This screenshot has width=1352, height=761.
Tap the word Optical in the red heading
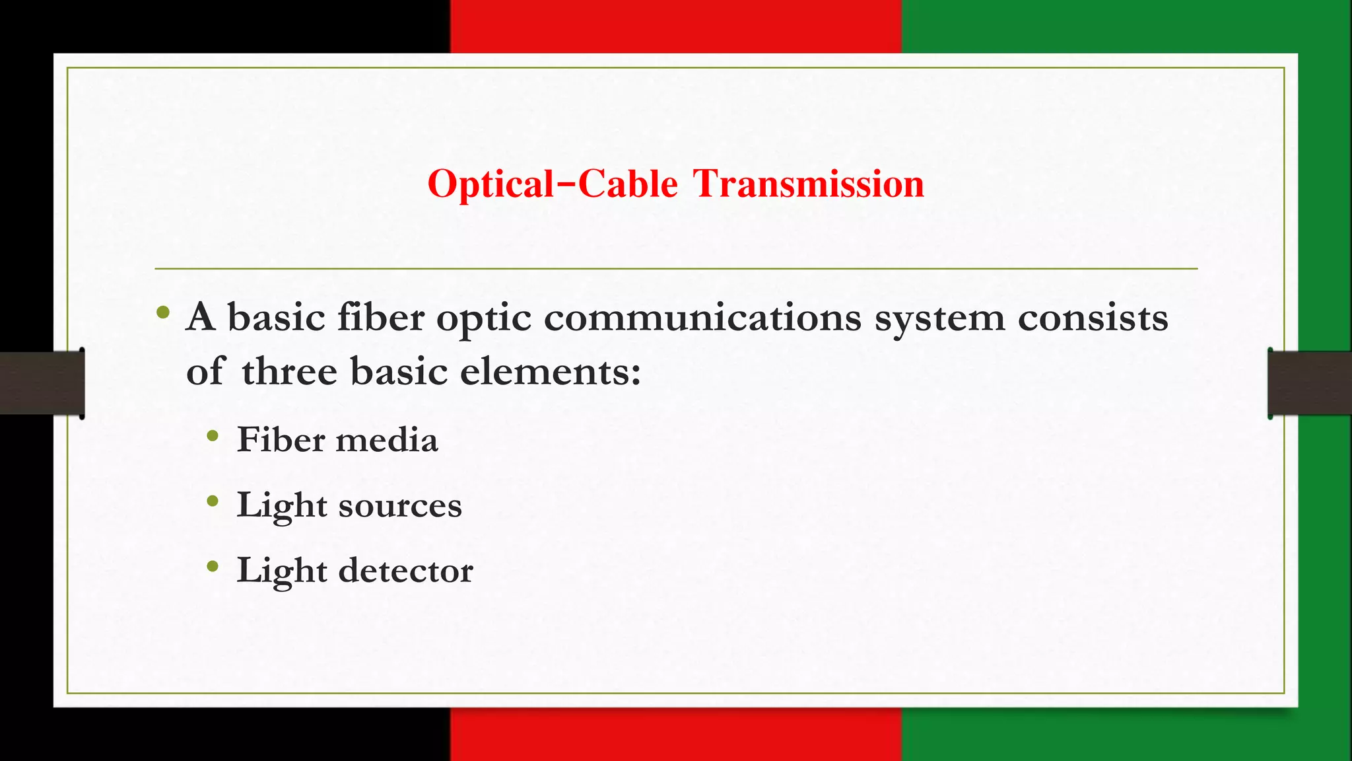point(490,185)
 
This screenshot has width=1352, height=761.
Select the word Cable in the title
point(628,184)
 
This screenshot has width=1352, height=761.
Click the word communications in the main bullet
point(702,318)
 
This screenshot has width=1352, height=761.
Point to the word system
point(939,319)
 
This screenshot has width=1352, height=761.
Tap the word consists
point(1093,318)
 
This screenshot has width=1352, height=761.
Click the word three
point(290,371)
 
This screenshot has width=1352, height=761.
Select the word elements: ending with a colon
point(550,371)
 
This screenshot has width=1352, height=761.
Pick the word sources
point(400,506)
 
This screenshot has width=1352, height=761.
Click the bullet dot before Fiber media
point(212,436)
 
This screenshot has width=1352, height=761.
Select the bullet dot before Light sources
point(212,501)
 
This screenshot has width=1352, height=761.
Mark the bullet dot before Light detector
point(212,566)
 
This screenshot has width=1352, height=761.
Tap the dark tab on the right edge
point(1310,383)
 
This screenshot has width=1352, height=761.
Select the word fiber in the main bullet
point(381,318)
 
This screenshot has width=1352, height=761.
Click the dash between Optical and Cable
point(566,180)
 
